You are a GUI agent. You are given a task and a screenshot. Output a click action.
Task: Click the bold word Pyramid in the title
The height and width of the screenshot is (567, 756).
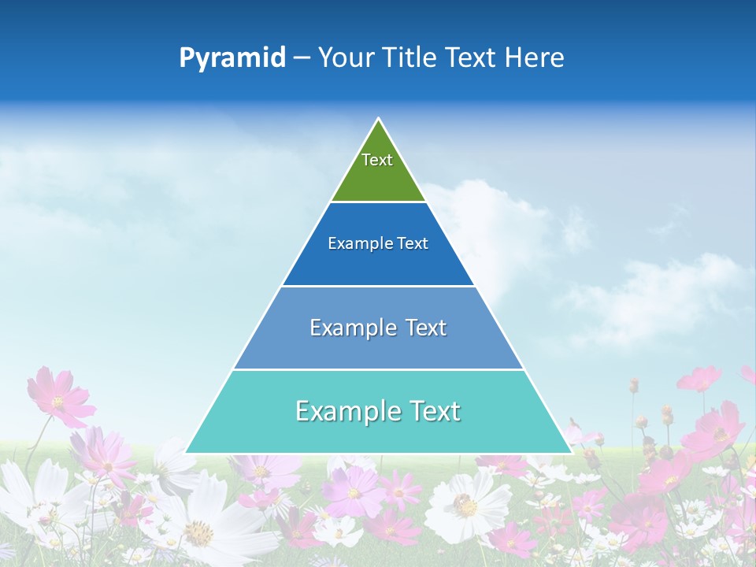[232, 58]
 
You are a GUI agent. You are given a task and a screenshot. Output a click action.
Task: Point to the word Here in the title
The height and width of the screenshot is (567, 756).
[534, 58]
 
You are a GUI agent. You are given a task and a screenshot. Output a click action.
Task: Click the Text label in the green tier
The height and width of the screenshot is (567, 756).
[377, 160]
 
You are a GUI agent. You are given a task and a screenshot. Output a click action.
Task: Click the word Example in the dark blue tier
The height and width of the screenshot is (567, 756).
[356, 244]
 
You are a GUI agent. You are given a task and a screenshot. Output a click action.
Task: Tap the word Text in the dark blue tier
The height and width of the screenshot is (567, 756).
[413, 244]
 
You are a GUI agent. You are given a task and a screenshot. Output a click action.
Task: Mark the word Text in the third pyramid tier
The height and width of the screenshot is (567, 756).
[426, 328]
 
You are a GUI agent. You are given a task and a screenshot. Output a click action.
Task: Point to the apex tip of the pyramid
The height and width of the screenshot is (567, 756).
[378, 120]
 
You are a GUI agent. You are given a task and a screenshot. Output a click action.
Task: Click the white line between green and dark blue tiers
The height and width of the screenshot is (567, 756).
[378, 202]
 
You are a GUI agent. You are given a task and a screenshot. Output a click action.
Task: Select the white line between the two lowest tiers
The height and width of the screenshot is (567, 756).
[378, 369]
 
